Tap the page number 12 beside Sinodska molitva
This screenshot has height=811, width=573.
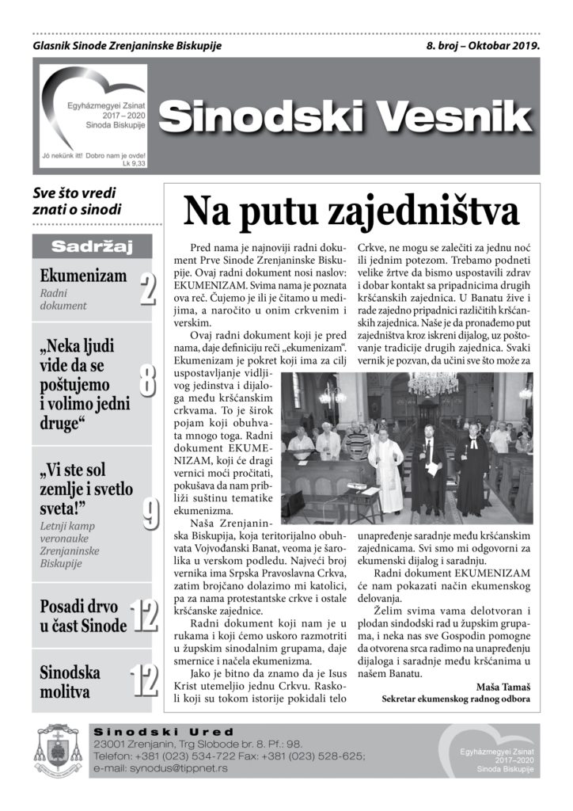click(142, 682)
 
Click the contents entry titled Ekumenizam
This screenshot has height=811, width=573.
click(83, 276)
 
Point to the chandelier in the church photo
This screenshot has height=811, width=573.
click(433, 383)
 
